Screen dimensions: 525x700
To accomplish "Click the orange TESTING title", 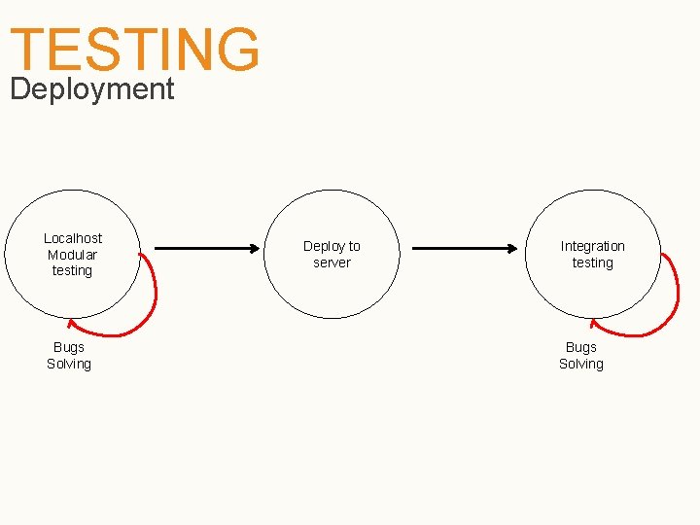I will pyautogui.click(x=135, y=49).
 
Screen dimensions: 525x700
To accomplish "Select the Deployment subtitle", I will pyautogui.click(x=91, y=89).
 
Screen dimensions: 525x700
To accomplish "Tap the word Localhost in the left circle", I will pyautogui.click(x=73, y=238).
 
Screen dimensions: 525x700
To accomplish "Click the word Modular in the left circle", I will pyautogui.click(x=73, y=255).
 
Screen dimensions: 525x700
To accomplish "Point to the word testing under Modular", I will pyautogui.click(x=73, y=270).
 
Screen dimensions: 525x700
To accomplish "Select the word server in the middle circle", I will pyautogui.click(x=332, y=262).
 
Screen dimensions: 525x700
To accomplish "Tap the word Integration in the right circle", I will pyautogui.click(x=592, y=246).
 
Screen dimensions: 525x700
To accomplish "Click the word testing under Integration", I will pyautogui.click(x=592, y=262).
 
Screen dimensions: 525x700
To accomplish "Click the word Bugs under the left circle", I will pyautogui.click(x=69, y=347).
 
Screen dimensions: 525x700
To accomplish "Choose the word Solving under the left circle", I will pyautogui.click(x=69, y=364).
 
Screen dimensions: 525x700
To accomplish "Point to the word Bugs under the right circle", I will pyautogui.click(x=581, y=347).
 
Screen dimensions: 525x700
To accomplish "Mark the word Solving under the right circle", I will pyautogui.click(x=581, y=364).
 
